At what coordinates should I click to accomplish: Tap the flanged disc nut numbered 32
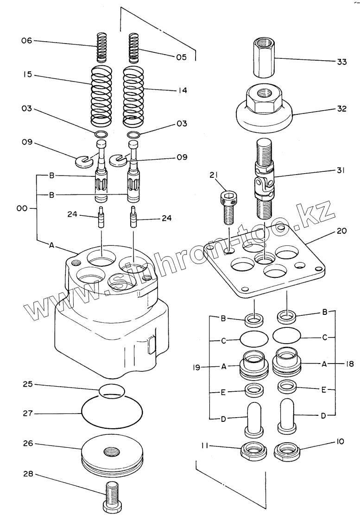click(264, 109)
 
